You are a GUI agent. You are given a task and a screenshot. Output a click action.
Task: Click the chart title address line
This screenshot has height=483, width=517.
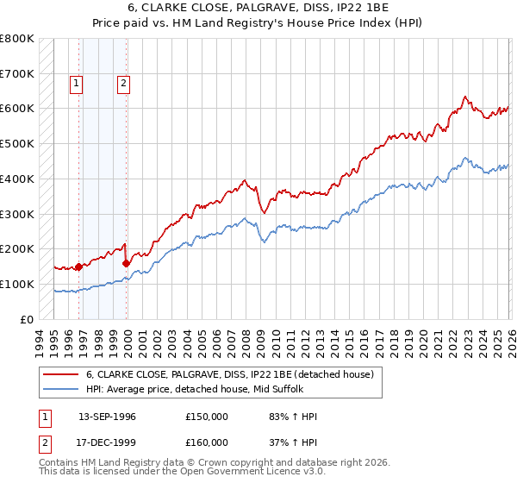(258, 8)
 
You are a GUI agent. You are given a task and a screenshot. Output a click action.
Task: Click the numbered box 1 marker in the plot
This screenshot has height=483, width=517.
(77, 84)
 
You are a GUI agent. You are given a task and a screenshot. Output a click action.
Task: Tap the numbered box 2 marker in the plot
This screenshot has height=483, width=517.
(124, 84)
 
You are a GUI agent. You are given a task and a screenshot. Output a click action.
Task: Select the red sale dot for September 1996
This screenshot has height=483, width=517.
(78, 267)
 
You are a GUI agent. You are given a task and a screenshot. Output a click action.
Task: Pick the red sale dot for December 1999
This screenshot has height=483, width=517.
(127, 263)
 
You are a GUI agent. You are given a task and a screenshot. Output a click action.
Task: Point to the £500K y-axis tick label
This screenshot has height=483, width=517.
(17, 143)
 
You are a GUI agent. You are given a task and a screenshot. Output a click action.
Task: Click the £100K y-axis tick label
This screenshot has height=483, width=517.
(17, 284)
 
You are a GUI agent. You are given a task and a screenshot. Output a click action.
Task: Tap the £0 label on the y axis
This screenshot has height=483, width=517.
(28, 319)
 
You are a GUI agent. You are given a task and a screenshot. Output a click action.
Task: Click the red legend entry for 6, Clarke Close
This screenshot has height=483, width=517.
(229, 374)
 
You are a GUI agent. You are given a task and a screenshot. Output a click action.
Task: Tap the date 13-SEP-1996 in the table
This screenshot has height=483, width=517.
(107, 417)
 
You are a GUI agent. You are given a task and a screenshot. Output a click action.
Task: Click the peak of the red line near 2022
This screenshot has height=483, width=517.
(464, 97)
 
